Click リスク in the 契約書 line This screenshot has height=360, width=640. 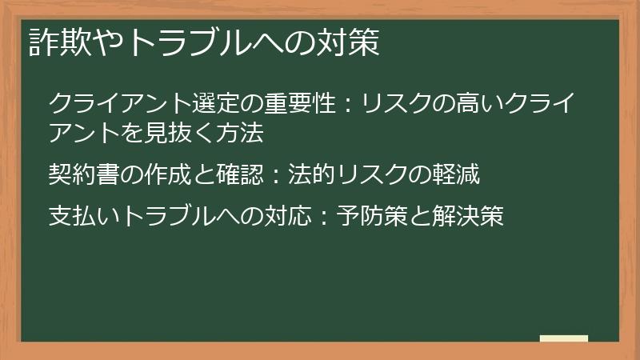coord(367,172)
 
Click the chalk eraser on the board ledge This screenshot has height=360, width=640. coord(564,338)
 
